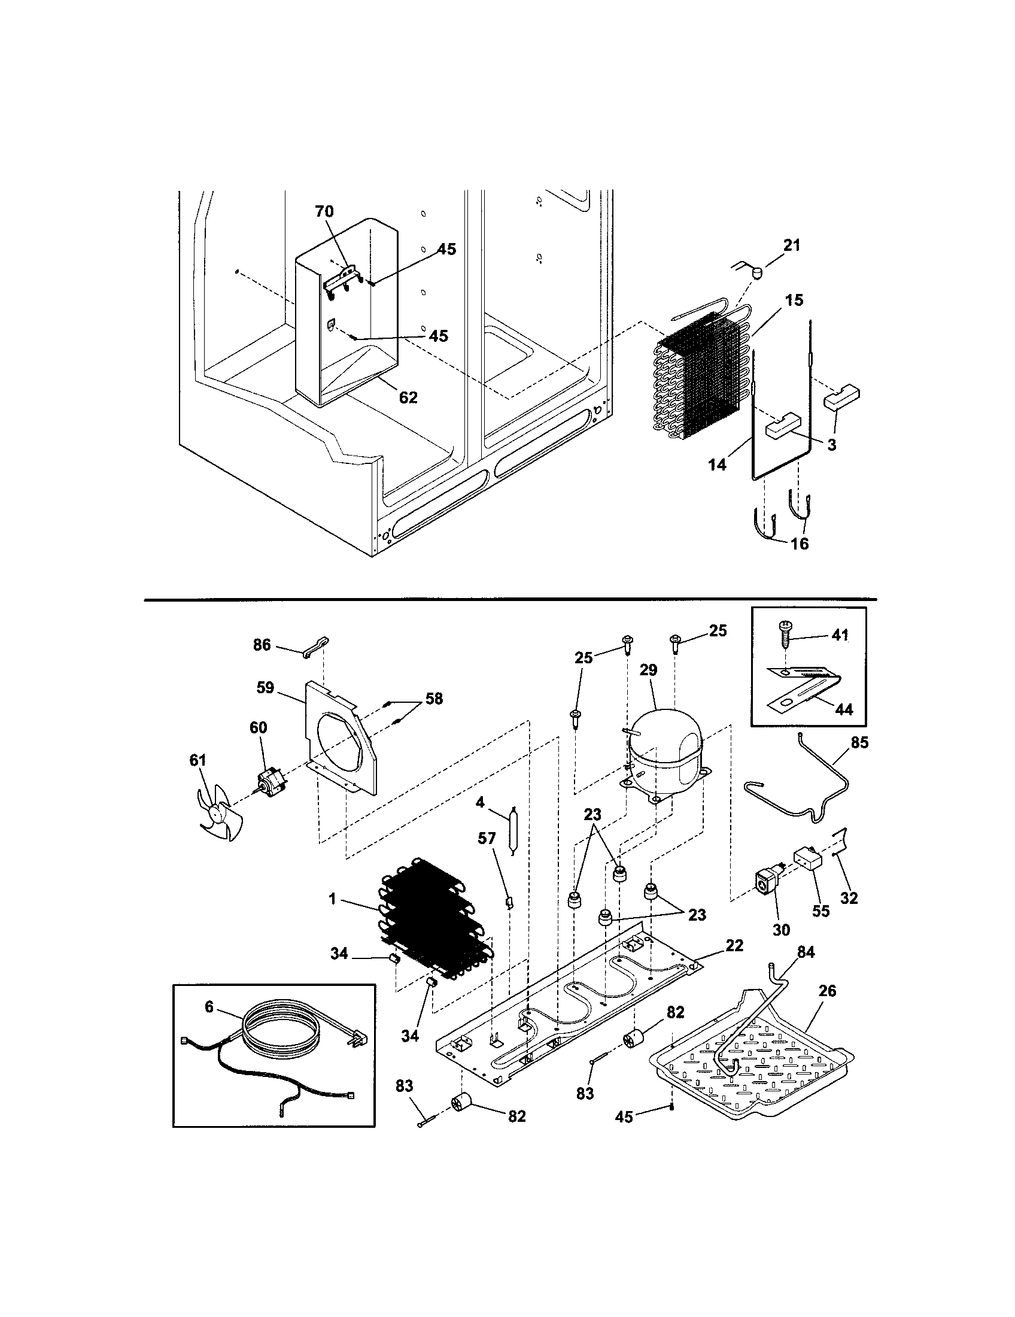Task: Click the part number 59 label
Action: click(x=265, y=687)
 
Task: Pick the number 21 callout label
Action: click(x=791, y=245)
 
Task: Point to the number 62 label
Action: click(x=408, y=397)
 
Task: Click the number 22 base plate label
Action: click(x=734, y=945)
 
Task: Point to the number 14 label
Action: click(x=716, y=465)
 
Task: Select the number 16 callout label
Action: click(x=798, y=544)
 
